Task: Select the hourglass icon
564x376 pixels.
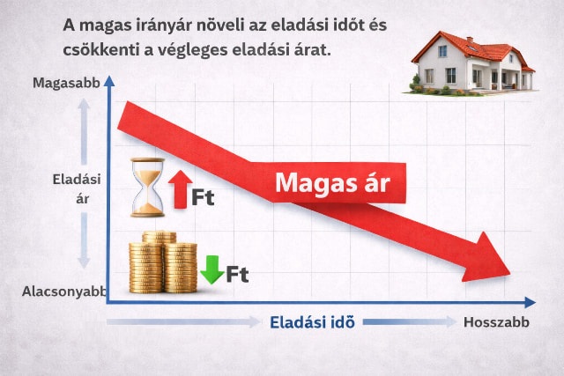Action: coord(146,187)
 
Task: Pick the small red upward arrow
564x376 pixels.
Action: coord(179,189)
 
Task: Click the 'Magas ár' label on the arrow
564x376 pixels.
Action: coord(331,183)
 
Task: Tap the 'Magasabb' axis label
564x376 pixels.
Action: coord(63,83)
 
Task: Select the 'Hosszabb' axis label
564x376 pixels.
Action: coord(496,322)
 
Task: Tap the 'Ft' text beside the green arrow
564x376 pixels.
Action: coord(237,275)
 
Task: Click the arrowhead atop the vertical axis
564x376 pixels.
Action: coord(108,80)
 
